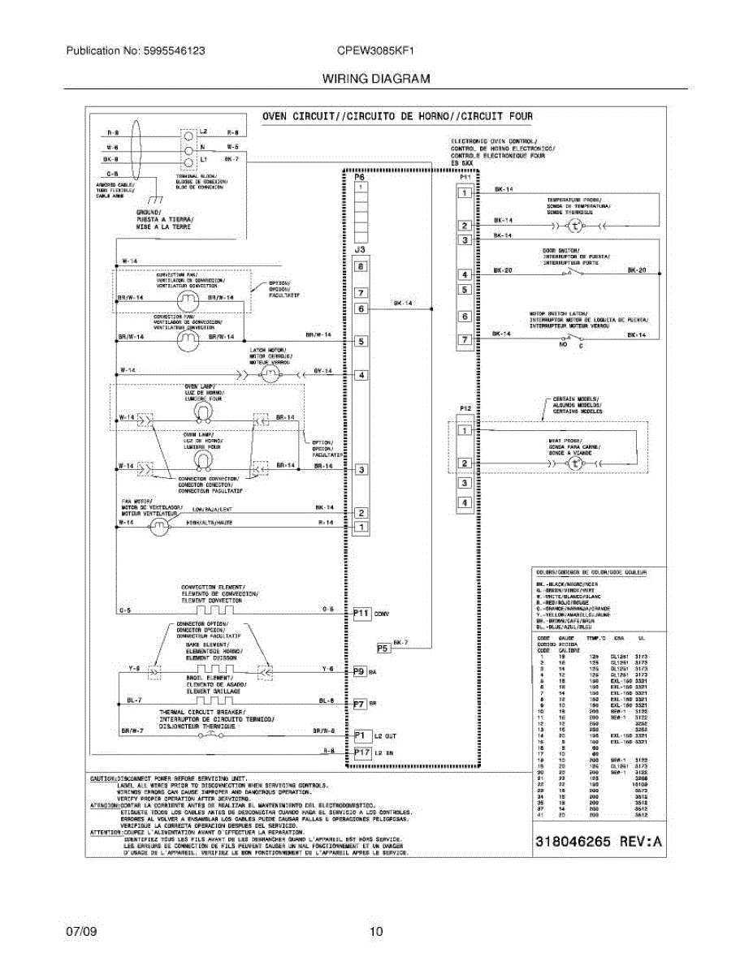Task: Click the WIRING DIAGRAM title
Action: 376,79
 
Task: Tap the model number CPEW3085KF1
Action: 376,50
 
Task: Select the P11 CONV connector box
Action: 362,614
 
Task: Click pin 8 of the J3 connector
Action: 361,265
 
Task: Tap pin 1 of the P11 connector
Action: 465,193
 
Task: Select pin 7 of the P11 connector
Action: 465,340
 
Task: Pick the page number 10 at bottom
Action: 376,932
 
